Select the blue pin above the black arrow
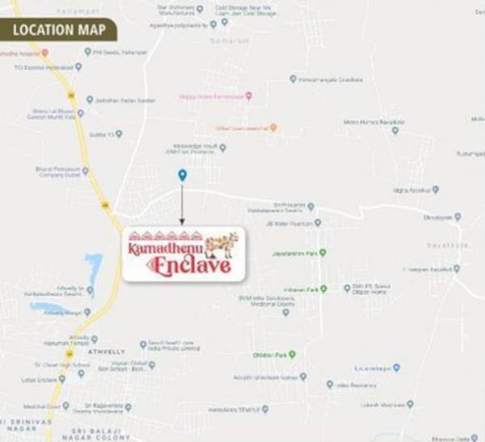[x=182, y=175]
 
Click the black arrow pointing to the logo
[x=182, y=206]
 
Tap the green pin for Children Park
[x=293, y=355]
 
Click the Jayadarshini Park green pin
[x=323, y=253]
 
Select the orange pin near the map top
[x=273, y=128]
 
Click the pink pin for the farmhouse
[x=249, y=96]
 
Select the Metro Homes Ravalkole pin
[x=395, y=130]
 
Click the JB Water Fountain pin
[x=318, y=222]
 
